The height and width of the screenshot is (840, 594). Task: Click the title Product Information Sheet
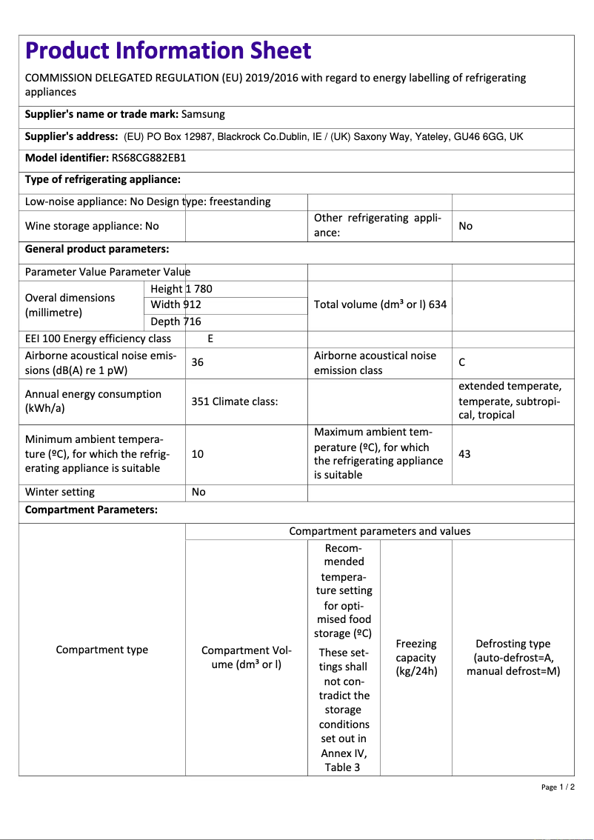tap(168, 51)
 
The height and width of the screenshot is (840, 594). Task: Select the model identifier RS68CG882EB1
tap(148, 158)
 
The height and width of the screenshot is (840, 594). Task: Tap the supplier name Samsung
tap(203, 114)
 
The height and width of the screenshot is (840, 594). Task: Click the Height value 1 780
tap(198, 289)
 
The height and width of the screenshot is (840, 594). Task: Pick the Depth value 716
tap(192, 321)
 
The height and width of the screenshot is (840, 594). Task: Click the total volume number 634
tap(437, 304)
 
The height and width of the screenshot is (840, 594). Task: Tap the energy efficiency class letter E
tap(210, 339)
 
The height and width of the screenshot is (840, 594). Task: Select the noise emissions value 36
tap(198, 362)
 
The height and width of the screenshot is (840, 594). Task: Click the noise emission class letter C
tap(462, 362)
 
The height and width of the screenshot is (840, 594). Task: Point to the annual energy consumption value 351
tap(200, 401)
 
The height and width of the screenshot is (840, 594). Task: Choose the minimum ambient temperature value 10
tap(198, 454)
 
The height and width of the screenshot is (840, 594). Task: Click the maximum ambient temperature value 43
tap(464, 454)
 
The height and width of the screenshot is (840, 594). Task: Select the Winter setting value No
tap(198, 492)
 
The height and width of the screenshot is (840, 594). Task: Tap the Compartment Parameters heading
tap(91, 510)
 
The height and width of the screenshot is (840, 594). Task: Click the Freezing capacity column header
tap(416, 658)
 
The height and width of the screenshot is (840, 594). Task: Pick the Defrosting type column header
tap(513, 658)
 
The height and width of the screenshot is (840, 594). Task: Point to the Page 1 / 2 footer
tap(558, 787)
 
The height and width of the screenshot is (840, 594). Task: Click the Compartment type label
tap(102, 650)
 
